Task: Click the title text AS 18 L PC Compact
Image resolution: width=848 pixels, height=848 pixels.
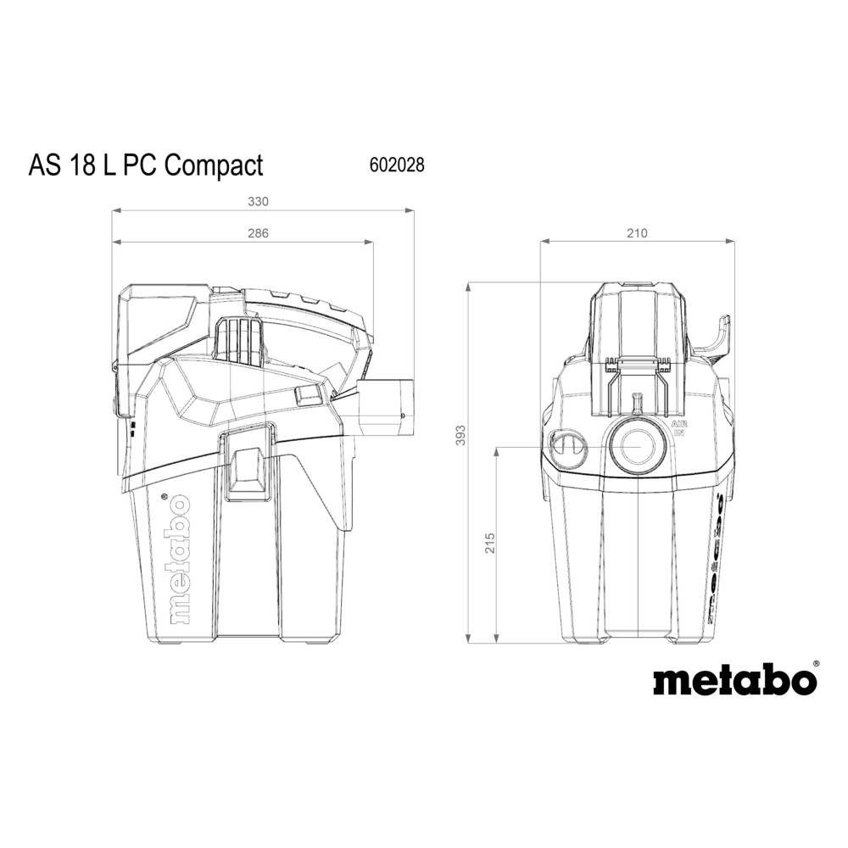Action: coord(146,165)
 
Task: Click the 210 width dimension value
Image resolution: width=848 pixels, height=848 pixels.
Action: coord(637,233)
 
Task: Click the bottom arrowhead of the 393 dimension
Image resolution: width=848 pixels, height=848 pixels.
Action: coord(469,640)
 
